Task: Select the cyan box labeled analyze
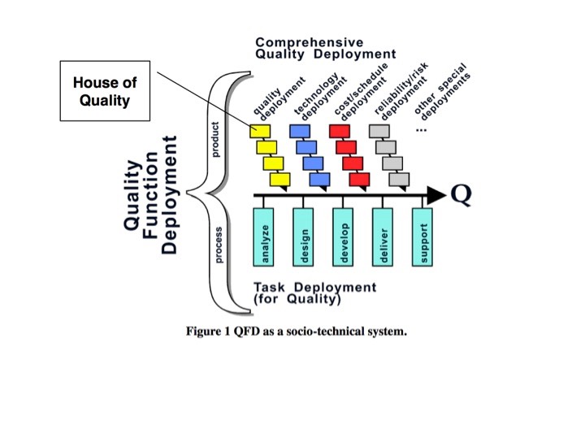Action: point(264,236)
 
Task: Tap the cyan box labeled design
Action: point(303,236)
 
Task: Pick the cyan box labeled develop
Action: point(342,236)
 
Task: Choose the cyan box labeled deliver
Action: point(383,236)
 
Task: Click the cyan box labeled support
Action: point(422,236)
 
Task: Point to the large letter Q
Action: point(461,194)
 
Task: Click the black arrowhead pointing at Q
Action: point(436,195)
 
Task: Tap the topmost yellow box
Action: point(260,131)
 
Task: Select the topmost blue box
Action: point(300,131)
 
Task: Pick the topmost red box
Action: point(340,131)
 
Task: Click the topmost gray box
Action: point(379,131)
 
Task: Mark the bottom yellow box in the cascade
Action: point(280,179)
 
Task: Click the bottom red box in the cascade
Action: point(360,179)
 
